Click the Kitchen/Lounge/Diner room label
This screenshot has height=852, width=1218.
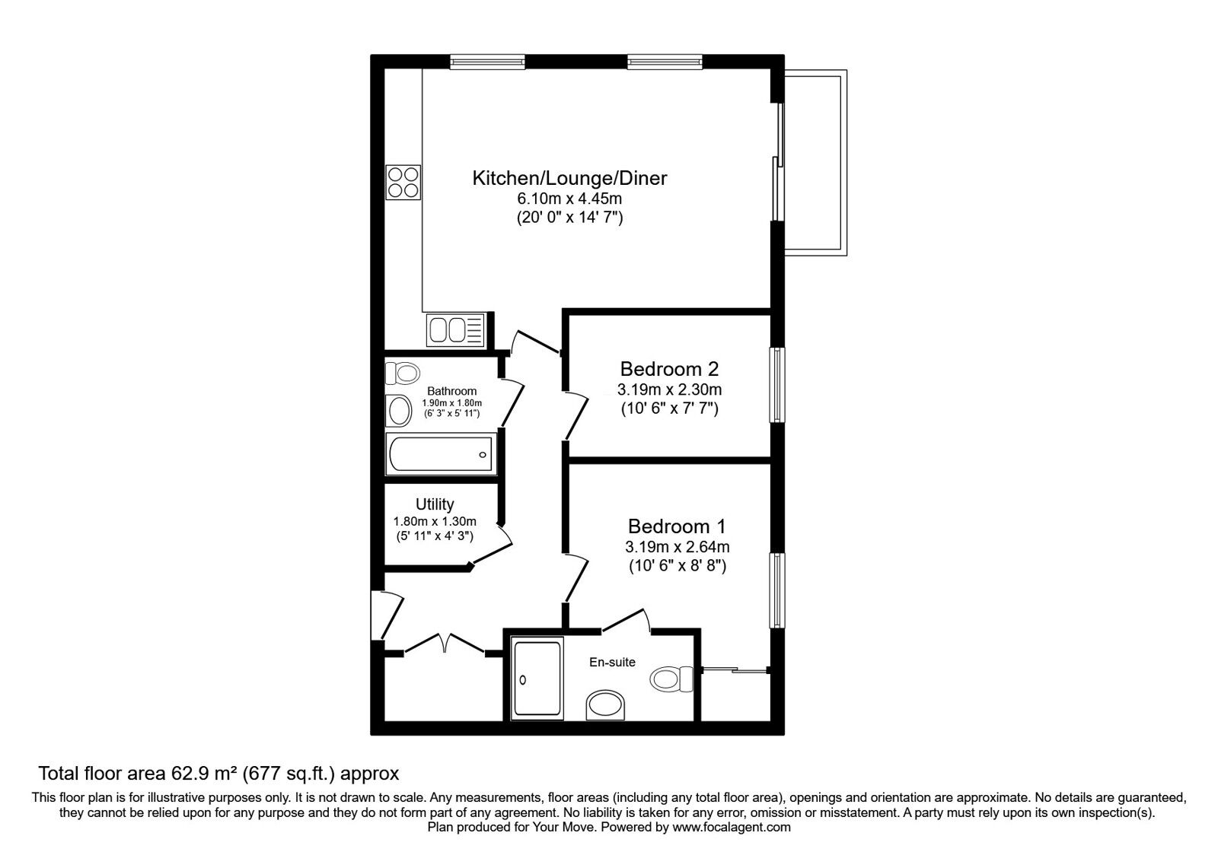[x=569, y=179]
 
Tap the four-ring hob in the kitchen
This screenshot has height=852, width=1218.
[x=403, y=182]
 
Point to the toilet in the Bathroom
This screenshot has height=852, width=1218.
[x=402, y=374]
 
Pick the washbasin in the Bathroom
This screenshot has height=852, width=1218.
[x=398, y=412]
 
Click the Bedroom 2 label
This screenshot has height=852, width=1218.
[x=669, y=370]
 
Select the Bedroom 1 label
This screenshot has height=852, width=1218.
[x=677, y=526]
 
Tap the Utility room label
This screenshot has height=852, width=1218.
[x=435, y=504]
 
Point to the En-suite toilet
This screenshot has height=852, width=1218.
[x=671, y=676]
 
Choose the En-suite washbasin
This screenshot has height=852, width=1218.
[x=606, y=705]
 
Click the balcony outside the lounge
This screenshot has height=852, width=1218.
[x=815, y=164]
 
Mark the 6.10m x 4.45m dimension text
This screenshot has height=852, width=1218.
[x=569, y=199]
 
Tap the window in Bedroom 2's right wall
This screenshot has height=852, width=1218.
[x=776, y=384]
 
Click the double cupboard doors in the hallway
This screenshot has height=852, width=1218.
[x=444, y=644]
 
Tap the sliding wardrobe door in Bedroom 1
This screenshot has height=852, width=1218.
[x=735, y=670]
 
